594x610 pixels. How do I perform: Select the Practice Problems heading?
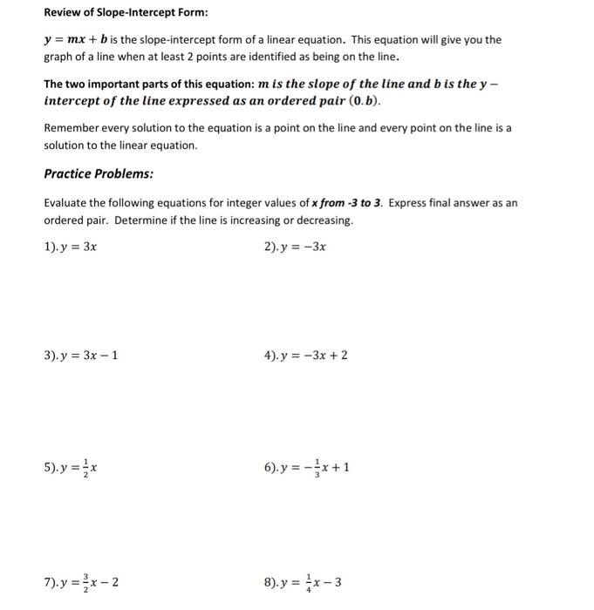coord(99,173)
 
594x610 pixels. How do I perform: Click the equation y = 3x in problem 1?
coord(83,247)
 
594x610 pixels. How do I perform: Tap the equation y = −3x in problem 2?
coord(306,247)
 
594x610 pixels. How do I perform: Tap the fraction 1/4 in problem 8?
coord(307,582)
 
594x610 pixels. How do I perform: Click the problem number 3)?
coord(51,356)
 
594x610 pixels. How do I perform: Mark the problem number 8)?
coord(272,582)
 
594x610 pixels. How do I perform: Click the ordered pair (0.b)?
coord(361,99)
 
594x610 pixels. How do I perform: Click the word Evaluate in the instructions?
coord(66,203)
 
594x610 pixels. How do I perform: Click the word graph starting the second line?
coord(58,57)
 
